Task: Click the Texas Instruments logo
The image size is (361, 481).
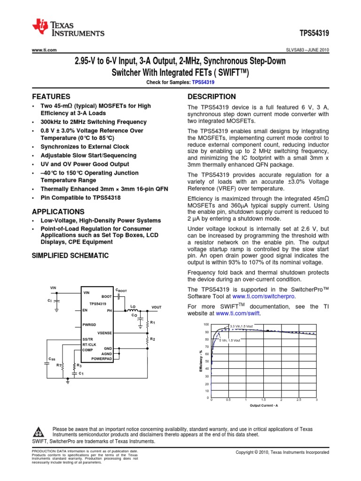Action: click(68, 29)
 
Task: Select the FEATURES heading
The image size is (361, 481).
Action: click(51, 96)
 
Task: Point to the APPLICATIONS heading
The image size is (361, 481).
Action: click(58, 212)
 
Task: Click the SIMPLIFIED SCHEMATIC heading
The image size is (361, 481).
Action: click(70, 256)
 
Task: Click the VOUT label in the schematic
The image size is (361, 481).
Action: click(157, 307)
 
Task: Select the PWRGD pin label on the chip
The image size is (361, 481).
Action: click(89, 325)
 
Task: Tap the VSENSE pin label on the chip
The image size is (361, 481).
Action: click(104, 333)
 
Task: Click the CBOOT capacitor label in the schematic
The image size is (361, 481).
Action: click(121, 291)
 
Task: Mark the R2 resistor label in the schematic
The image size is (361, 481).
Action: click(152, 339)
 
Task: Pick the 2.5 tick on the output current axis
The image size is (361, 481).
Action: click(299, 400)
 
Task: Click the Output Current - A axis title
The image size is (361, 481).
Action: click(264, 405)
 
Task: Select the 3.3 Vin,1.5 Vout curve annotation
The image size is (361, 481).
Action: click(242, 326)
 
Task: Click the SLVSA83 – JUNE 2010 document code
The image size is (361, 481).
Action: click(307, 50)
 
